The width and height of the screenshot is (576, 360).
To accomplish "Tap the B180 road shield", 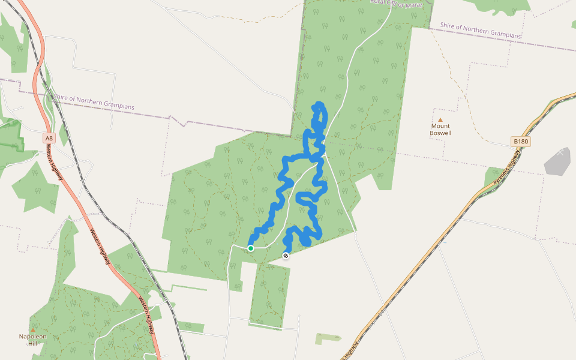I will pos(521,142).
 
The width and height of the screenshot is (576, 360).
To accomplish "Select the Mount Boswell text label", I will pos(440,130).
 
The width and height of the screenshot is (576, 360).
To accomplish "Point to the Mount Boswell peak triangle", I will pos(440,120).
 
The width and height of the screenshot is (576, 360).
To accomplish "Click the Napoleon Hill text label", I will pos(33,340).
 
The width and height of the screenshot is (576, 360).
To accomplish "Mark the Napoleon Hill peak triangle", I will pos(33,330).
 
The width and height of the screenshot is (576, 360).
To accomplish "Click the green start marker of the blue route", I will pos(251,248).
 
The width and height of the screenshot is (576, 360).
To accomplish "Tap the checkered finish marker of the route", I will pos(286,256).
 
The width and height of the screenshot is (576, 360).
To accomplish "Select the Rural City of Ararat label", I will pos(397,4).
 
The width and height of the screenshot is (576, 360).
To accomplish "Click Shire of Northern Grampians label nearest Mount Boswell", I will pos(480,31).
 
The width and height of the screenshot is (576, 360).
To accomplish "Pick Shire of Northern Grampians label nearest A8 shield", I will pos(94,101).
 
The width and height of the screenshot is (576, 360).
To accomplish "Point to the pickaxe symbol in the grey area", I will pos(560,153).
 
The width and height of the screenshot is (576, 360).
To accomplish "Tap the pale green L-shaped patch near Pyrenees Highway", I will pos(326,338).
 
